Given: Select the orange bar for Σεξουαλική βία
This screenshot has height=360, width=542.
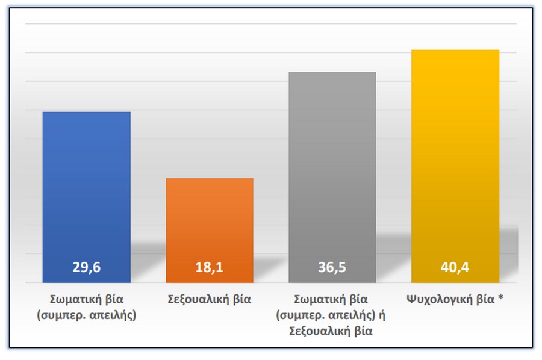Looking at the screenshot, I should point(209,223).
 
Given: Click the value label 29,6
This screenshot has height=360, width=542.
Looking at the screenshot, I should point(86,268).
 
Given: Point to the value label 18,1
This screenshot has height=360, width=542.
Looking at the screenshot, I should point(209,268).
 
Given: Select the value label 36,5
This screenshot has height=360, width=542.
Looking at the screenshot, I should point(332,268).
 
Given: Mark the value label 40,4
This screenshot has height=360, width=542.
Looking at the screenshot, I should point(455,268).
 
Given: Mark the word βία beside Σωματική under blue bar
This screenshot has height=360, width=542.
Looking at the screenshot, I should point(114,299).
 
